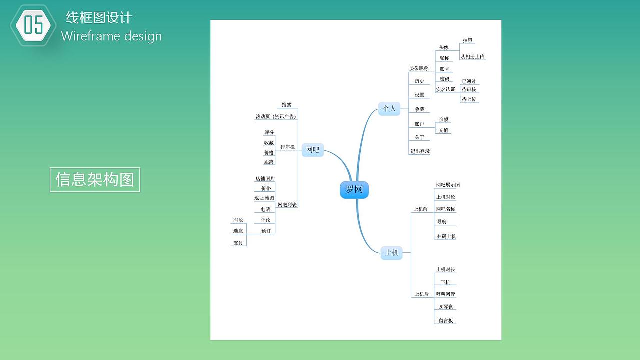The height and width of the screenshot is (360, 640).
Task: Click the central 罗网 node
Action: (x=354, y=190)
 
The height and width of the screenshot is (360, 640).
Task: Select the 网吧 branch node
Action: (x=313, y=149)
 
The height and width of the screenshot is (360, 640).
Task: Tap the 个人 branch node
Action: (x=389, y=108)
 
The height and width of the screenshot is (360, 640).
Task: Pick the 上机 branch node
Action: (x=392, y=253)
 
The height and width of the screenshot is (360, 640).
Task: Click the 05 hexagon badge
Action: (x=33, y=25)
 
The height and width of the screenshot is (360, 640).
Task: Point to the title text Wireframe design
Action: (x=111, y=36)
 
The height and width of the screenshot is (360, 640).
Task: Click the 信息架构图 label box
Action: (x=95, y=179)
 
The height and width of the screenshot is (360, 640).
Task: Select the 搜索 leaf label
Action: (x=286, y=105)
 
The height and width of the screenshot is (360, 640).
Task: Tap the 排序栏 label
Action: (x=287, y=147)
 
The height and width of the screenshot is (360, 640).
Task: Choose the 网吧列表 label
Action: (x=287, y=205)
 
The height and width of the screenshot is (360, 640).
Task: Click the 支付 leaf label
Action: (x=238, y=243)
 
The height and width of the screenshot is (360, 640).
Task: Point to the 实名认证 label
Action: (x=446, y=89)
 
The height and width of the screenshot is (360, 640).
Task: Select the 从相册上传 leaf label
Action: (x=472, y=57)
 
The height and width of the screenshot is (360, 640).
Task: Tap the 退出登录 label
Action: (x=420, y=151)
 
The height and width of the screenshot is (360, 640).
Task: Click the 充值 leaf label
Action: (x=443, y=130)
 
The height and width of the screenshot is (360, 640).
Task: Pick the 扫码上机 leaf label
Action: (x=446, y=236)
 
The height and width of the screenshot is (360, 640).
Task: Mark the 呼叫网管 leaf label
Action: (x=445, y=294)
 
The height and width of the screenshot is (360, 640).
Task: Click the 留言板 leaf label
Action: (x=446, y=321)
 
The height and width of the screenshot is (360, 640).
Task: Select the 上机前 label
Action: (x=421, y=209)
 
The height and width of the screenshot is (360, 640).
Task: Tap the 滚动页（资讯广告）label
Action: (x=276, y=117)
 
